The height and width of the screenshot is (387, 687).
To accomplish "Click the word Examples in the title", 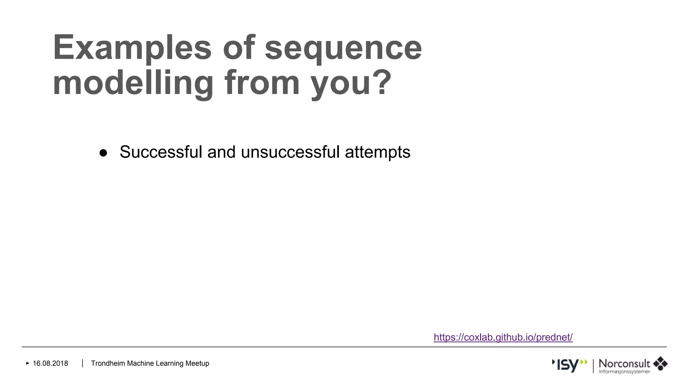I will click(132, 48).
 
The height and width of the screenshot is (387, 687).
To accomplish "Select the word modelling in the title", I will click(133, 83).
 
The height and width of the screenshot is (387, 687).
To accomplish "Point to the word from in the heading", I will click(262, 82).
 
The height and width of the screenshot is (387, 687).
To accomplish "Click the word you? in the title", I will click(351, 83).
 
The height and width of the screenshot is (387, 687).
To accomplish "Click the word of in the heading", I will click(239, 47).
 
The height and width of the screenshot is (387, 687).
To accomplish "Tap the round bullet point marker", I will click(103, 153).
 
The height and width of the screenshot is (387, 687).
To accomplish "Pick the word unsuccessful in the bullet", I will click(290, 152).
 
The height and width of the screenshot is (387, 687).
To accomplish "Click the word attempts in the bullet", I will click(377, 153).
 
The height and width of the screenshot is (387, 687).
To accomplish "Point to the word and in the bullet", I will click(221, 152).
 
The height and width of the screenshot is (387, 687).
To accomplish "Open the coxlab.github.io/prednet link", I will click(503, 337).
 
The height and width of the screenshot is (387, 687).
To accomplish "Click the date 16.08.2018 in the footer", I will click(50, 363).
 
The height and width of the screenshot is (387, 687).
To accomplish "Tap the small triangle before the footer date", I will click(28, 363).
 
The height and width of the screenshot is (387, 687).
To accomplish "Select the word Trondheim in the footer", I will click(108, 363).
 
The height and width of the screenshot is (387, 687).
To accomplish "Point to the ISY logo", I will click(570, 365).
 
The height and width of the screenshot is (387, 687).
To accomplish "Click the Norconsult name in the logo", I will click(624, 363).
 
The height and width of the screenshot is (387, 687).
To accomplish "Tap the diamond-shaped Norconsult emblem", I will click(660, 363).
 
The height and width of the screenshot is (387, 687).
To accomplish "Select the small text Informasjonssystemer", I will click(624, 372).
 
